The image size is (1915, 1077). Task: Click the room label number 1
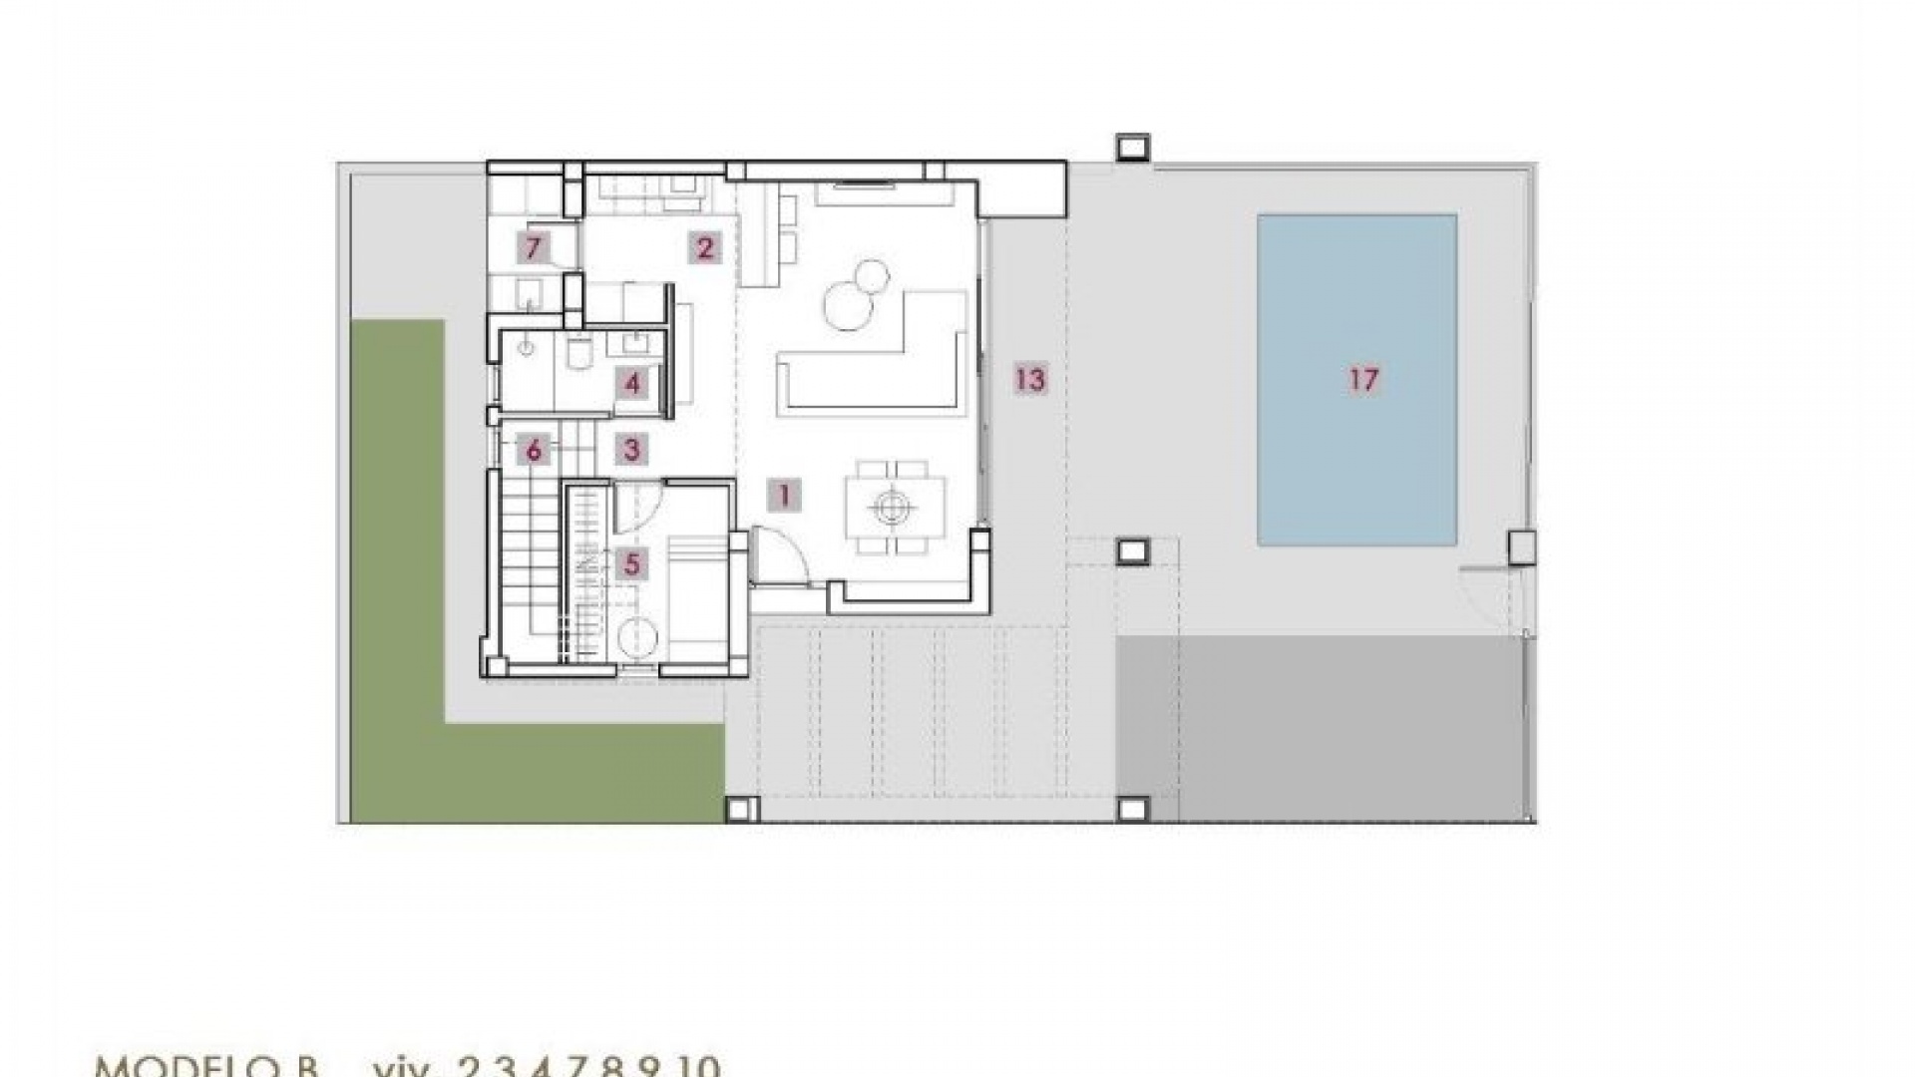point(784,495)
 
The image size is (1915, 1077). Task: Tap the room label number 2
point(705,247)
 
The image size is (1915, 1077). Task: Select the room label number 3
point(630,450)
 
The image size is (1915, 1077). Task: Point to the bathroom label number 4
point(632,383)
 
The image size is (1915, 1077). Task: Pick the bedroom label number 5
point(631,564)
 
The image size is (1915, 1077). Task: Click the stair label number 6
point(534,451)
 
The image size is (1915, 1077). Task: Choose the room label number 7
point(534,246)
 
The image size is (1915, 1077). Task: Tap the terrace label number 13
point(1030,379)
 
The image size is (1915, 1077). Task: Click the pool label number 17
point(1363,379)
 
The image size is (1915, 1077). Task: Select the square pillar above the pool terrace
point(1132,148)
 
